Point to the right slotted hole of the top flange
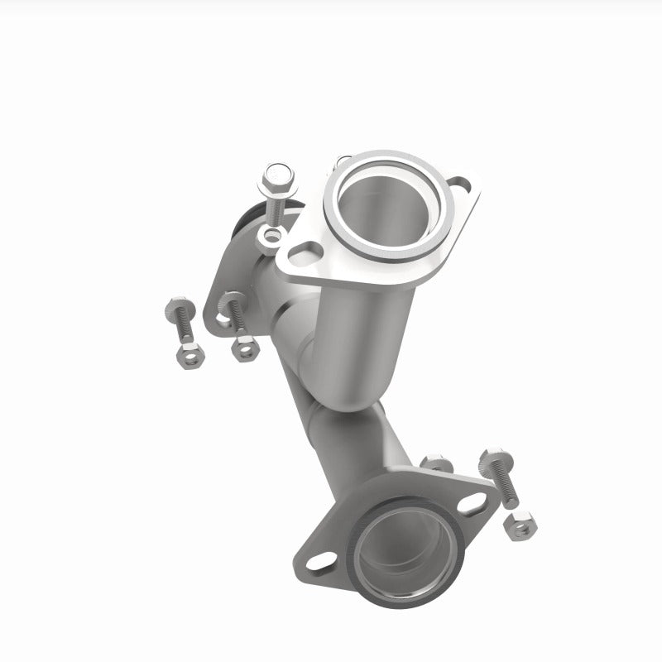[x=460, y=185]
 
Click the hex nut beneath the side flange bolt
[x=242, y=348]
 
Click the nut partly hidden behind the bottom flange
[x=436, y=463]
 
